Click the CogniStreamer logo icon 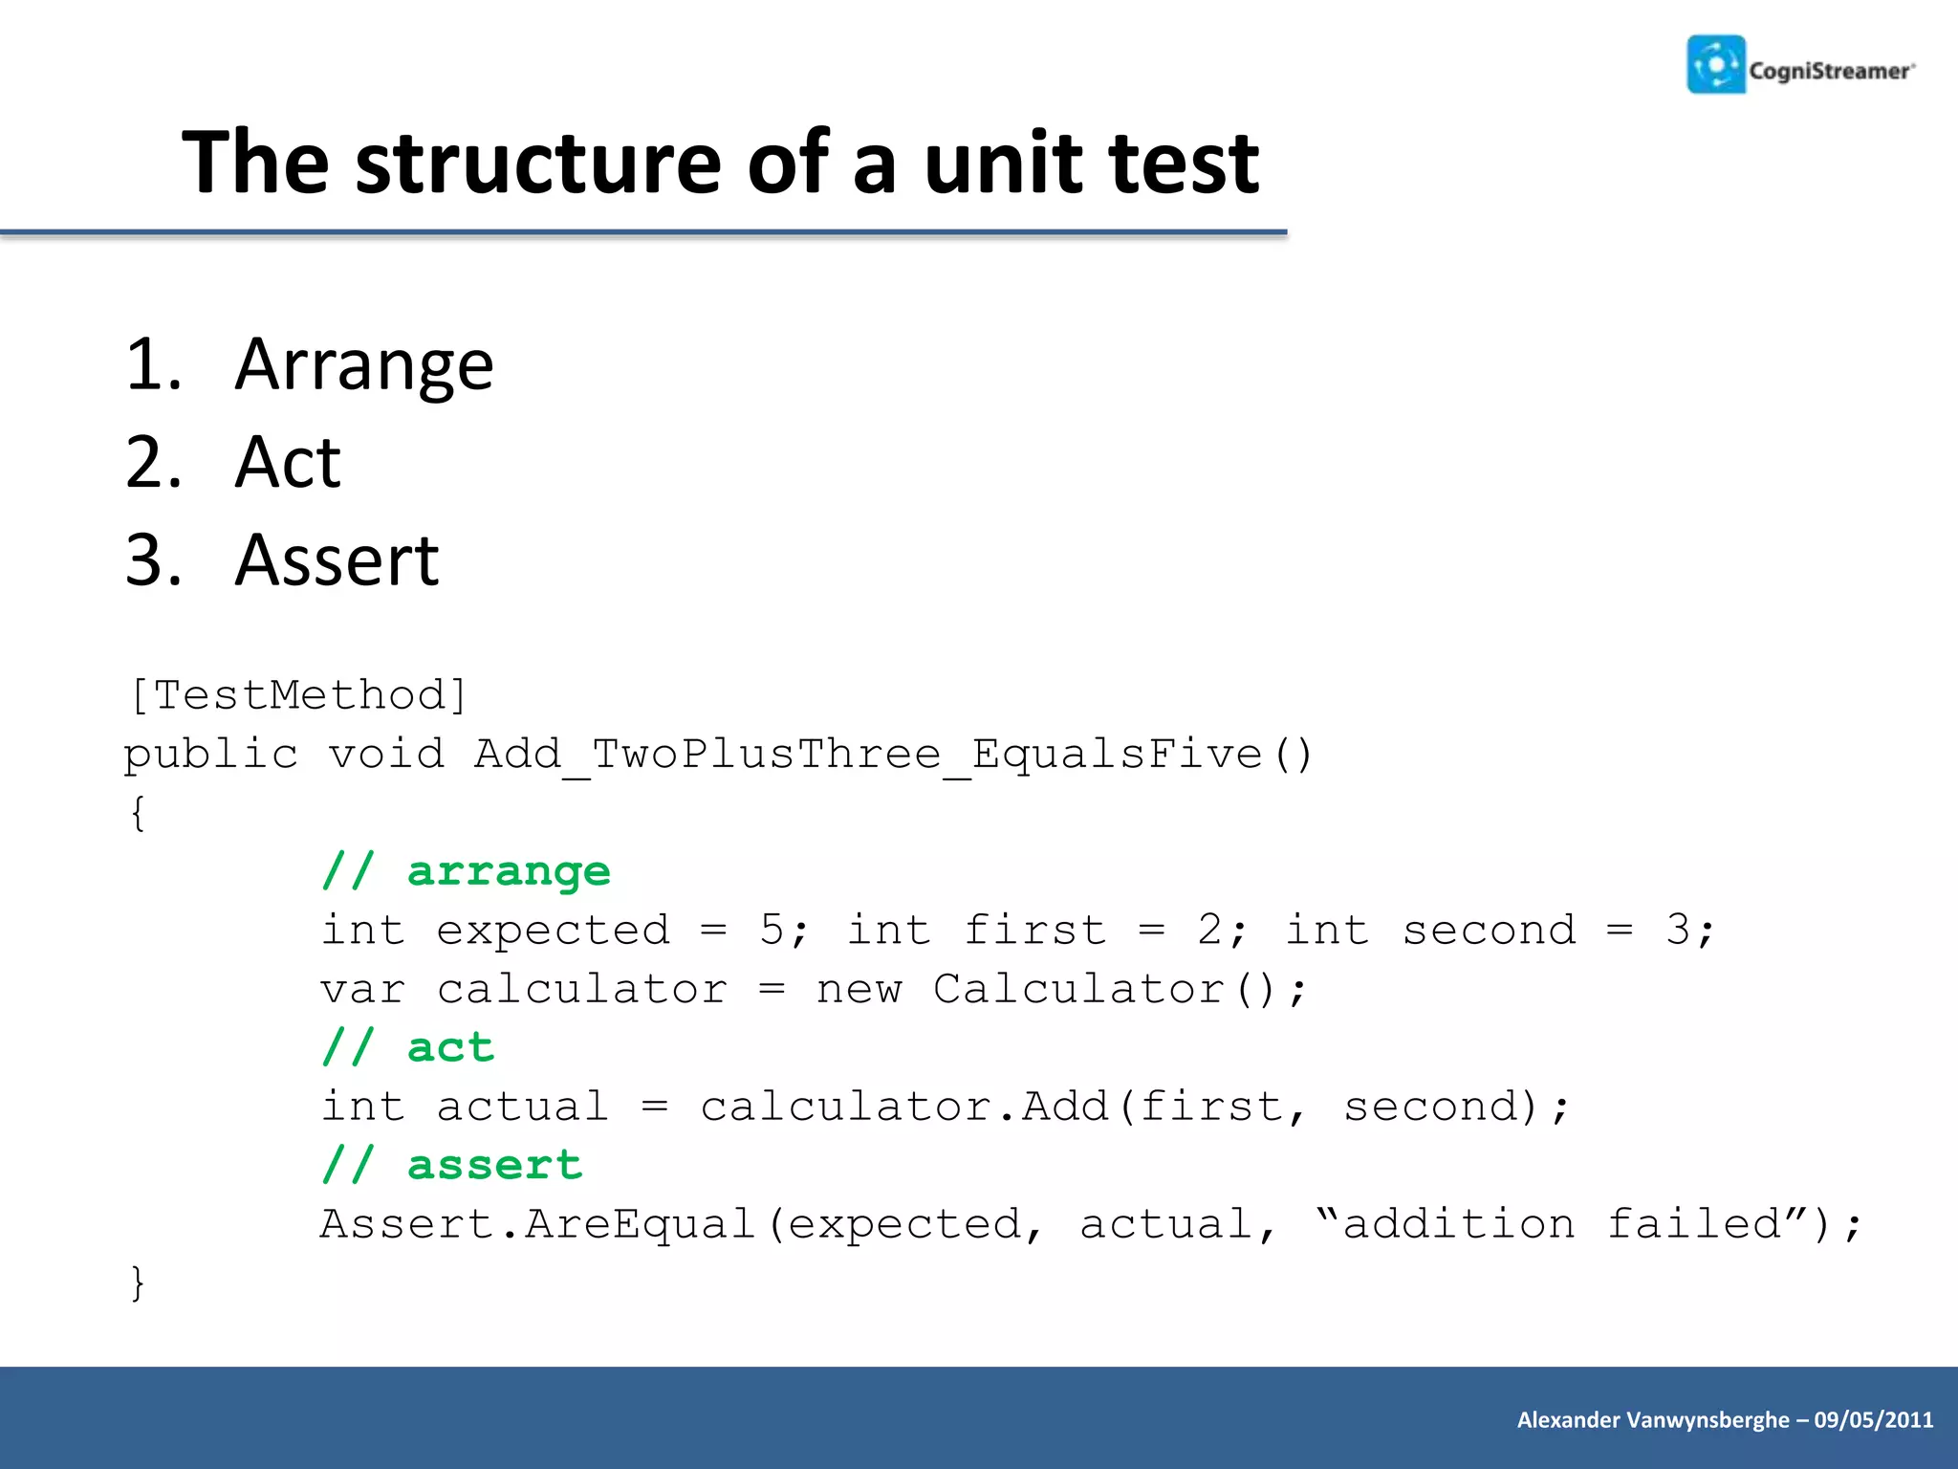click(x=1716, y=65)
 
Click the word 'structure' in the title click(x=538, y=164)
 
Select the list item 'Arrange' click(x=363, y=365)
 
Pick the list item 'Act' click(x=287, y=463)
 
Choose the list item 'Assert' click(x=337, y=560)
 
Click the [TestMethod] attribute click(x=298, y=695)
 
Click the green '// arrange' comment click(x=466, y=871)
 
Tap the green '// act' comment click(x=407, y=1048)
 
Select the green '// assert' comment click(x=451, y=1166)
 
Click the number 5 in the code click(x=772, y=931)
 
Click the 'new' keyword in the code click(x=859, y=990)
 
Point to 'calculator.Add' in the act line click(x=903, y=1107)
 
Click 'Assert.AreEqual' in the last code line click(x=537, y=1225)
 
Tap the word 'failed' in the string click(x=1694, y=1225)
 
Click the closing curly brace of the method click(x=138, y=1283)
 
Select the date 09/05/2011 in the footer click(x=1873, y=1420)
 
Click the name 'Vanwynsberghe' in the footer click(x=1708, y=1420)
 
